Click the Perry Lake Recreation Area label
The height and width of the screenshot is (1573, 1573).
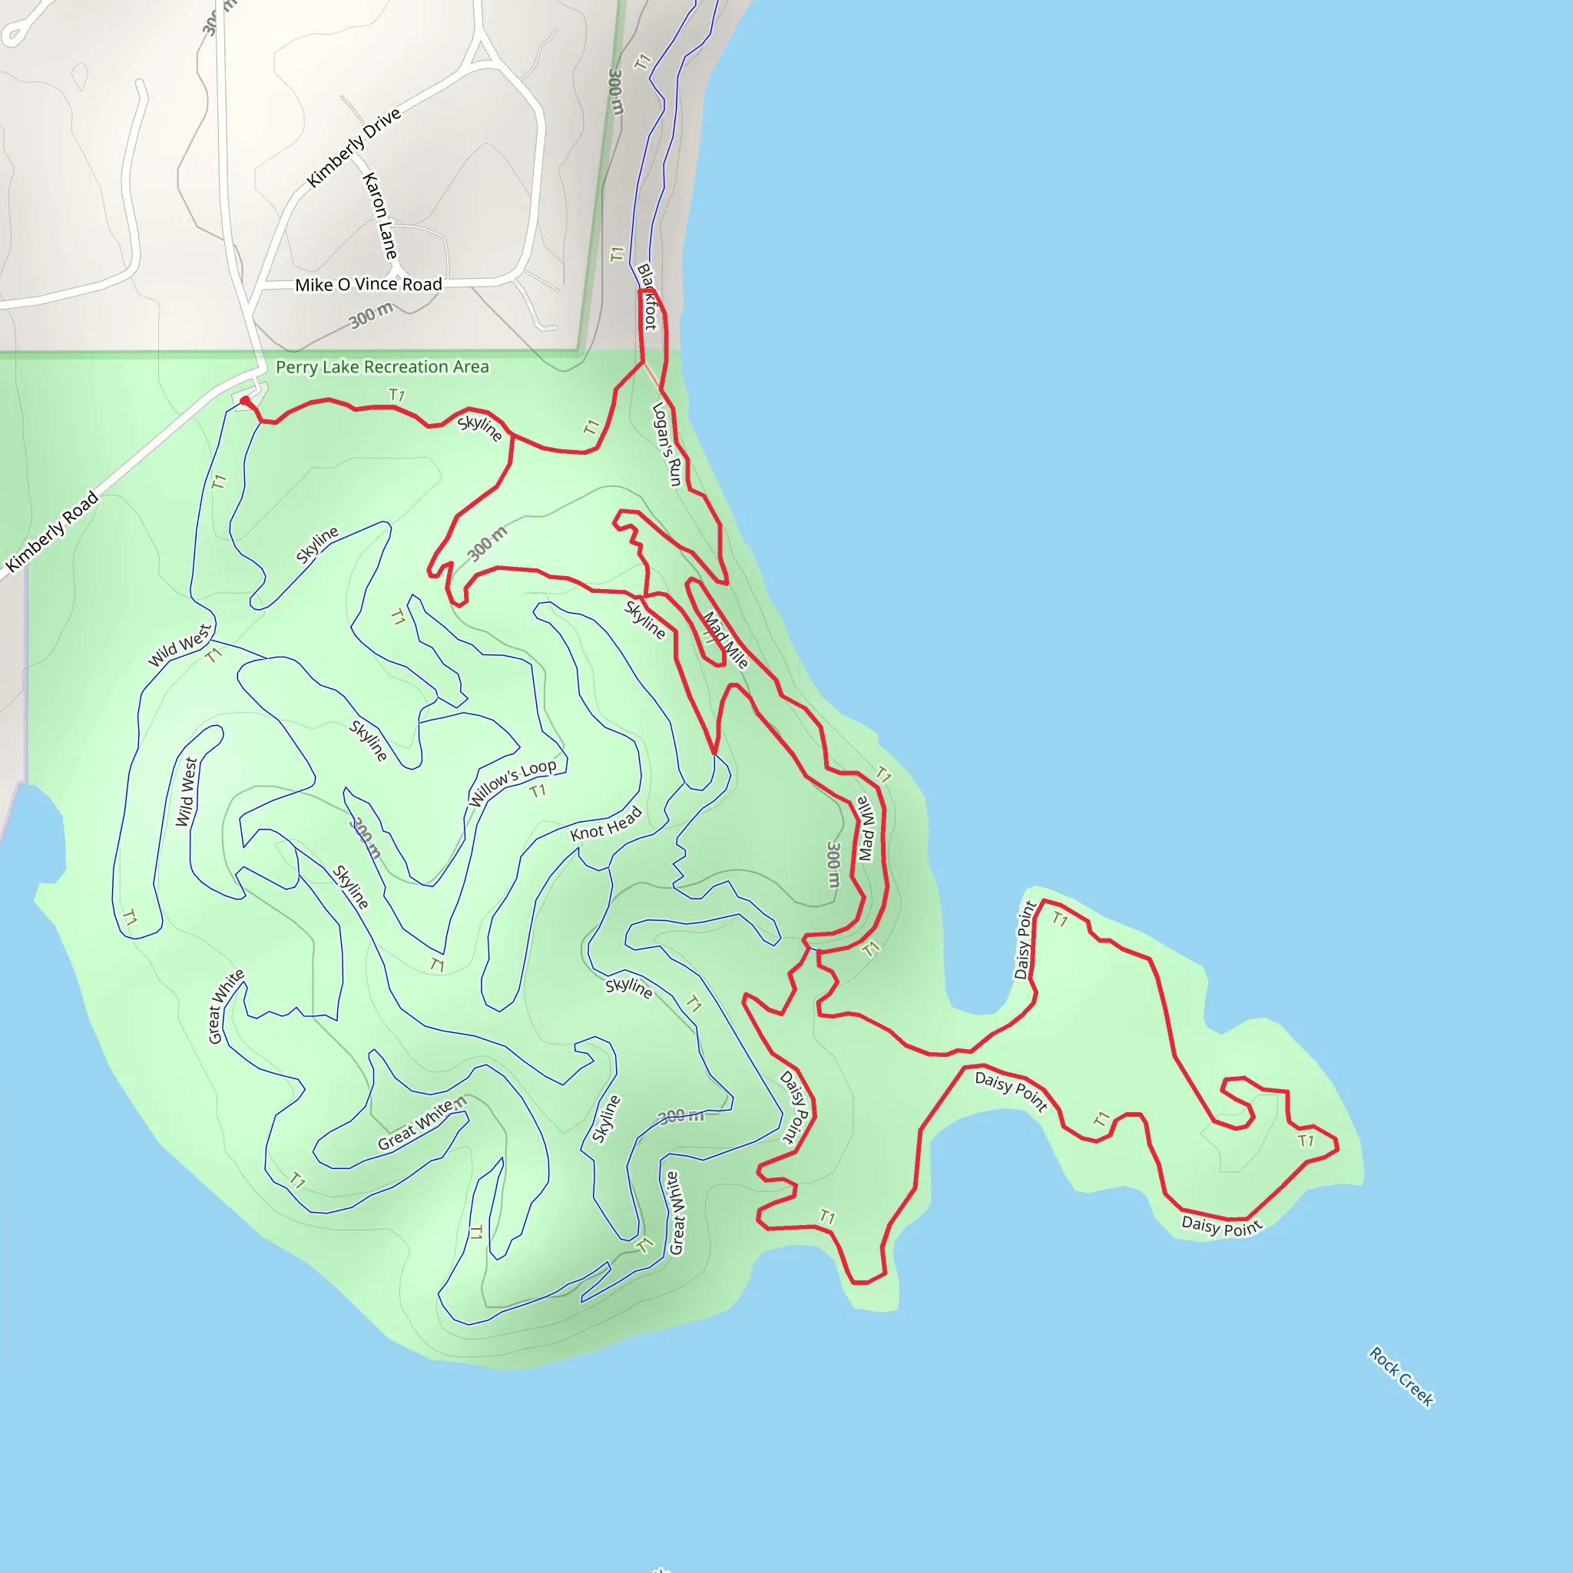point(382,367)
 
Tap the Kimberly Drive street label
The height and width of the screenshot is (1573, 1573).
point(353,147)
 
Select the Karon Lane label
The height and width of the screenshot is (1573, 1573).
point(380,216)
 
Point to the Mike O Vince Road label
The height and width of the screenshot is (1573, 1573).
point(368,285)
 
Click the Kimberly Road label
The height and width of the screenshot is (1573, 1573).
point(52,531)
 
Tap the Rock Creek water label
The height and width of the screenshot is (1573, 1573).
point(1400,1376)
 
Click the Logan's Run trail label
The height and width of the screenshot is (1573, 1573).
point(667,445)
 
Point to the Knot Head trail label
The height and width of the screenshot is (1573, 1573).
point(606,824)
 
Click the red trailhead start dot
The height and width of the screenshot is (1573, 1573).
point(245,401)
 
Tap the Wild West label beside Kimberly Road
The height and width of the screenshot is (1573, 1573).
point(179,645)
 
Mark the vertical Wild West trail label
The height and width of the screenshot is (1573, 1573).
point(187,791)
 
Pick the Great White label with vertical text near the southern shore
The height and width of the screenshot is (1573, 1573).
point(676,1213)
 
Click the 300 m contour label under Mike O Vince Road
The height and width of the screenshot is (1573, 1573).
point(371,315)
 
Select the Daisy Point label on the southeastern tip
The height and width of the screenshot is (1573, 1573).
point(1221,1225)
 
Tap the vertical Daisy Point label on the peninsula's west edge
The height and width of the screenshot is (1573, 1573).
point(1025,939)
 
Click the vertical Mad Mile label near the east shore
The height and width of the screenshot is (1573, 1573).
point(866,829)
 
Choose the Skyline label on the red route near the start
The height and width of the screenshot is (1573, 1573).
point(479,429)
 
